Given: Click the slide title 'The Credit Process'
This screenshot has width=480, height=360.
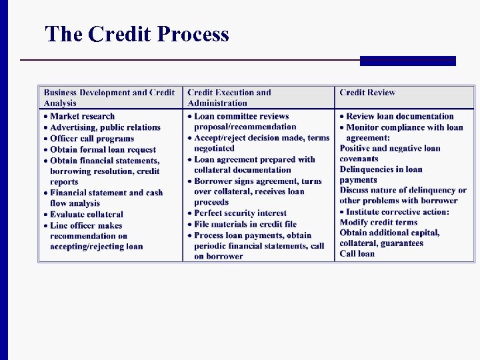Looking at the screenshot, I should (137, 34).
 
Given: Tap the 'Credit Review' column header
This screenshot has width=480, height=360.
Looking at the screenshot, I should (367, 93).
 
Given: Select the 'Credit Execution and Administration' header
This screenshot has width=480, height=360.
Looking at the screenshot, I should (229, 97).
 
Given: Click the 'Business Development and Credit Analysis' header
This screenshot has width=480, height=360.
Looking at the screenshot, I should (109, 97).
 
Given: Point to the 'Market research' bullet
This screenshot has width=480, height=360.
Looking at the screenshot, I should (82, 116).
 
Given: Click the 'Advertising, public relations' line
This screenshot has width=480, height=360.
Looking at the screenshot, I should (105, 127).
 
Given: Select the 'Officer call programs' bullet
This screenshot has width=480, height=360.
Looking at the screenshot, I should (92, 139).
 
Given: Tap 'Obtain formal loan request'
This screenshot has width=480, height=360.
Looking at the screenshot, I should (103, 149).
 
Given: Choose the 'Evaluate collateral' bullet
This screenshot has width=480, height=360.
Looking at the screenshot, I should (87, 214).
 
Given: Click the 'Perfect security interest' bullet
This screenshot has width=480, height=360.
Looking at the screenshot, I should (240, 213).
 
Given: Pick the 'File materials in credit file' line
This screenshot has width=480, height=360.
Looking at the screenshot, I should (245, 224).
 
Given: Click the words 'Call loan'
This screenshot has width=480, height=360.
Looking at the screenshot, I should (357, 253).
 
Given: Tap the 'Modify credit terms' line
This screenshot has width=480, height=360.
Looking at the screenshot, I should (379, 222).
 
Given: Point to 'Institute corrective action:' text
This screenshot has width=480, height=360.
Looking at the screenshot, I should (397, 212).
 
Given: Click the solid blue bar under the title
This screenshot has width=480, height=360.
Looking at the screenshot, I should (407, 61).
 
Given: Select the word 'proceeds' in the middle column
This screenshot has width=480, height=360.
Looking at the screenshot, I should (211, 202).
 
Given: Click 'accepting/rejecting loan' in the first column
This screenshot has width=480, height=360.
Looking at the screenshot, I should (96, 246).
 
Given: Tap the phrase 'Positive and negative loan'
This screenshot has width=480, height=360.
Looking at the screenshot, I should (390, 148).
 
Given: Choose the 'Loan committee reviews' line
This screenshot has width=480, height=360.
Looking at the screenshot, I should (241, 116).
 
